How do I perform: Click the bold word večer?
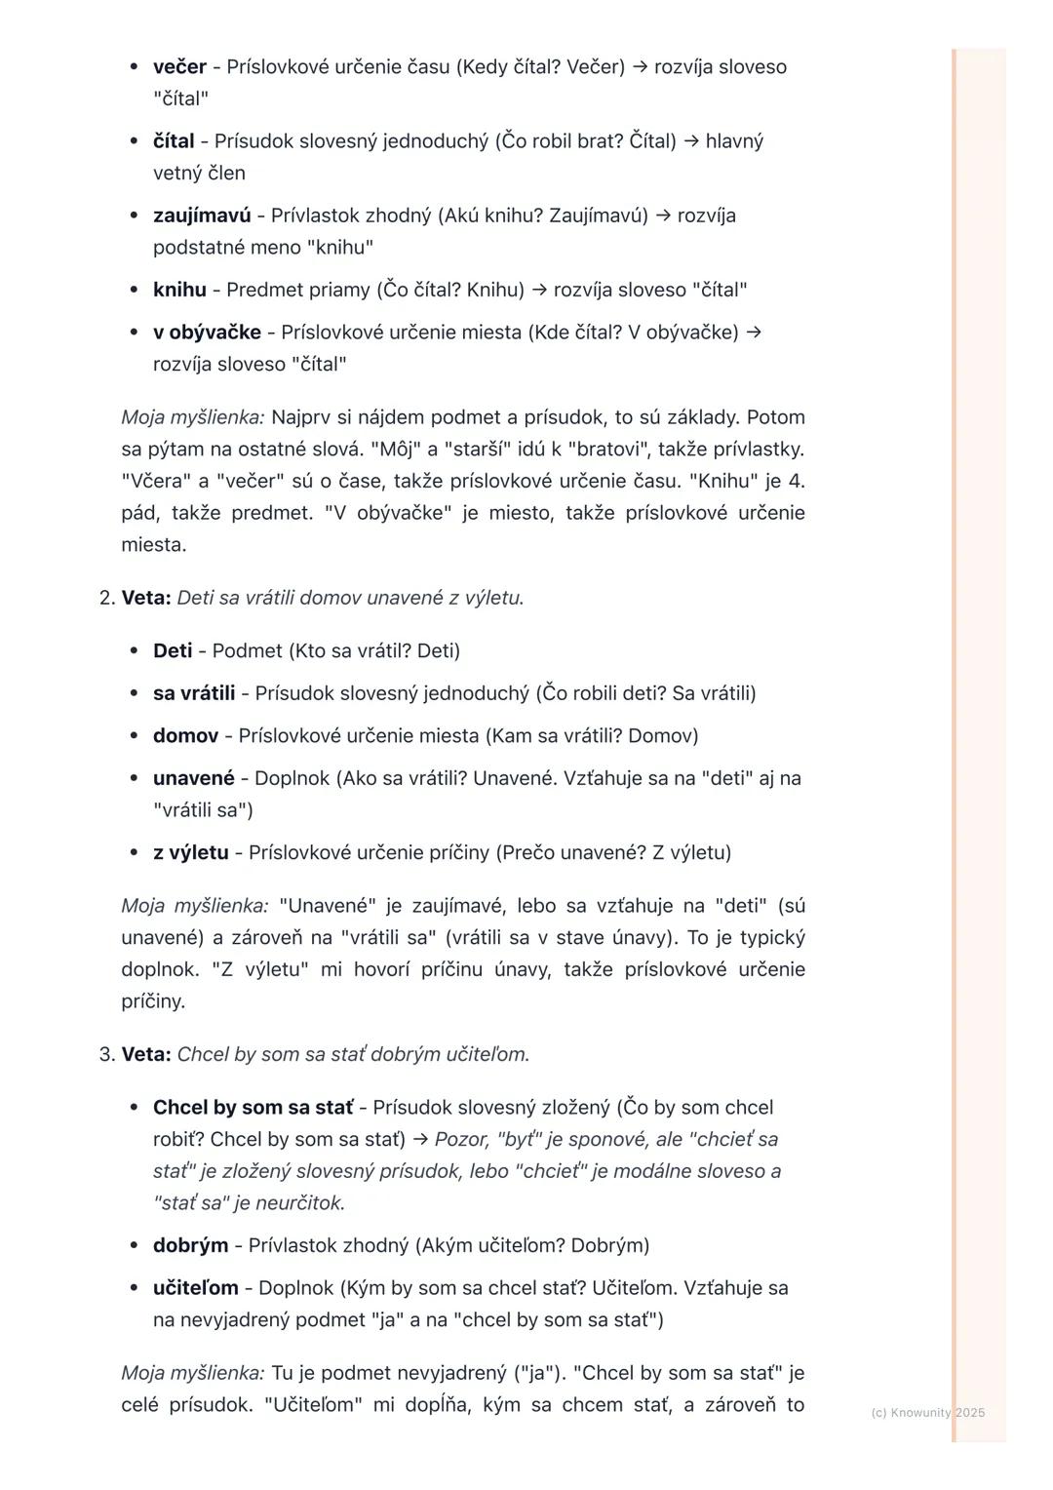pyautogui.click(x=179, y=67)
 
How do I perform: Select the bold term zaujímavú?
pyautogui.click(x=202, y=216)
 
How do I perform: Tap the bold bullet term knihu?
pyautogui.click(x=179, y=290)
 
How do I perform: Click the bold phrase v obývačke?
pyautogui.click(x=207, y=333)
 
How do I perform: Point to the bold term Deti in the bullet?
pyautogui.click(x=173, y=650)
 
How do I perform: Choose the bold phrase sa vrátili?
pyautogui.click(x=194, y=693)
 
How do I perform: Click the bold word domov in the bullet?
pyautogui.click(x=185, y=736)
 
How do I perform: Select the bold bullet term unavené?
pyautogui.click(x=194, y=778)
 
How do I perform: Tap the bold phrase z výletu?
pyautogui.click(x=191, y=853)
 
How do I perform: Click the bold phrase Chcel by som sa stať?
pyautogui.click(x=253, y=1108)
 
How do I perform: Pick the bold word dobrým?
pyautogui.click(x=190, y=1245)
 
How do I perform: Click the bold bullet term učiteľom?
pyautogui.click(x=196, y=1288)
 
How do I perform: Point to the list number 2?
pyautogui.click(x=107, y=598)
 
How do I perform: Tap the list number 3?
pyautogui.click(x=107, y=1055)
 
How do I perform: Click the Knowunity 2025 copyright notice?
pyautogui.click(x=927, y=1412)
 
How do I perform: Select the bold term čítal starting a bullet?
pyautogui.click(x=174, y=141)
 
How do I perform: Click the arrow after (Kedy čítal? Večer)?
pyautogui.click(x=639, y=67)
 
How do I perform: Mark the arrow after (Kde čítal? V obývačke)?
pyautogui.click(x=753, y=333)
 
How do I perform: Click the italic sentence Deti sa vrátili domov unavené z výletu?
pyautogui.click(x=350, y=598)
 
